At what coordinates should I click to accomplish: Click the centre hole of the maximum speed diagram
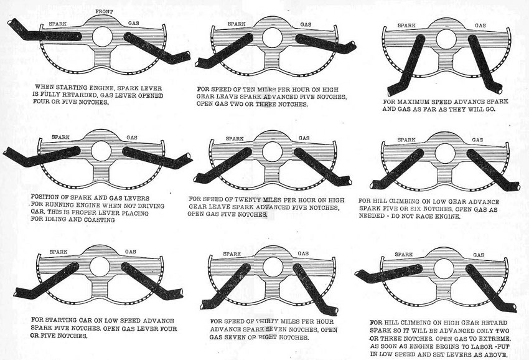(446, 39)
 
